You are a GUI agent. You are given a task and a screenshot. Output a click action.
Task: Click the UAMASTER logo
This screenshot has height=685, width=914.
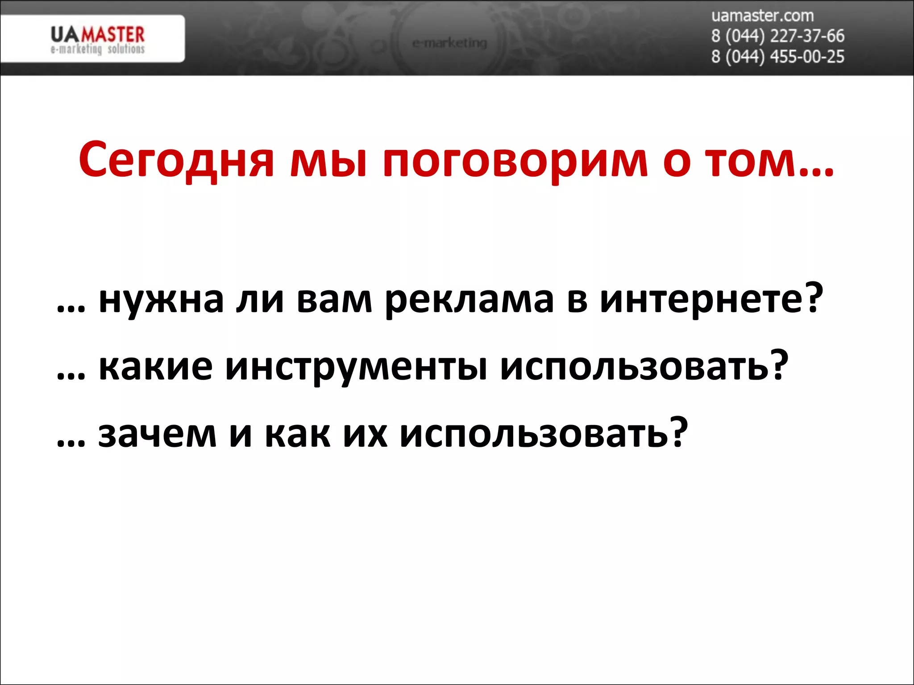[97, 35]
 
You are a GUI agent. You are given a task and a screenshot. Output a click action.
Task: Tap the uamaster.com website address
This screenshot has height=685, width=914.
[762, 16]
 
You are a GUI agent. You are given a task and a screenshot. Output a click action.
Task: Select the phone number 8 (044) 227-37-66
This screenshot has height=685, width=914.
[777, 36]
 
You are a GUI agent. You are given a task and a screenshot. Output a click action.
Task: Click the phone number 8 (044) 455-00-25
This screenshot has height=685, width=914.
[777, 57]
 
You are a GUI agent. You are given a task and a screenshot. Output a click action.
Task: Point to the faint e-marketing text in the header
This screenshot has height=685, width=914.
[449, 43]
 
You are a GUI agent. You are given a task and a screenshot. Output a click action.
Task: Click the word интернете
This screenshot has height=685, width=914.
[701, 299]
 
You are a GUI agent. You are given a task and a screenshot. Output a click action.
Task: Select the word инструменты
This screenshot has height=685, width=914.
[356, 368]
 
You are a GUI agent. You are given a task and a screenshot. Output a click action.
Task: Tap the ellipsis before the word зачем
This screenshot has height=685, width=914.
[71, 443]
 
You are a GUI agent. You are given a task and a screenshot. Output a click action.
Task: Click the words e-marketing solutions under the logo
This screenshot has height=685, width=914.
[97, 49]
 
